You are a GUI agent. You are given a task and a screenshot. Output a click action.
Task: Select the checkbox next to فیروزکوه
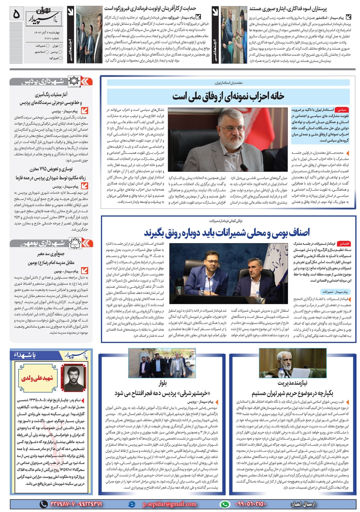[x=61, y=58]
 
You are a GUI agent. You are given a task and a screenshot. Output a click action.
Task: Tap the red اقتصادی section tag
[x=344, y=244]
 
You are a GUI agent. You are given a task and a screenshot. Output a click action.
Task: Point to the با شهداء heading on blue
[x=25, y=355]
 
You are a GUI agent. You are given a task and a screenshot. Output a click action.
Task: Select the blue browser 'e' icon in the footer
[x=132, y=504]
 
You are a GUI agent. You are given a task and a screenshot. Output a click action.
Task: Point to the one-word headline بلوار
[x=163, y=383]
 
